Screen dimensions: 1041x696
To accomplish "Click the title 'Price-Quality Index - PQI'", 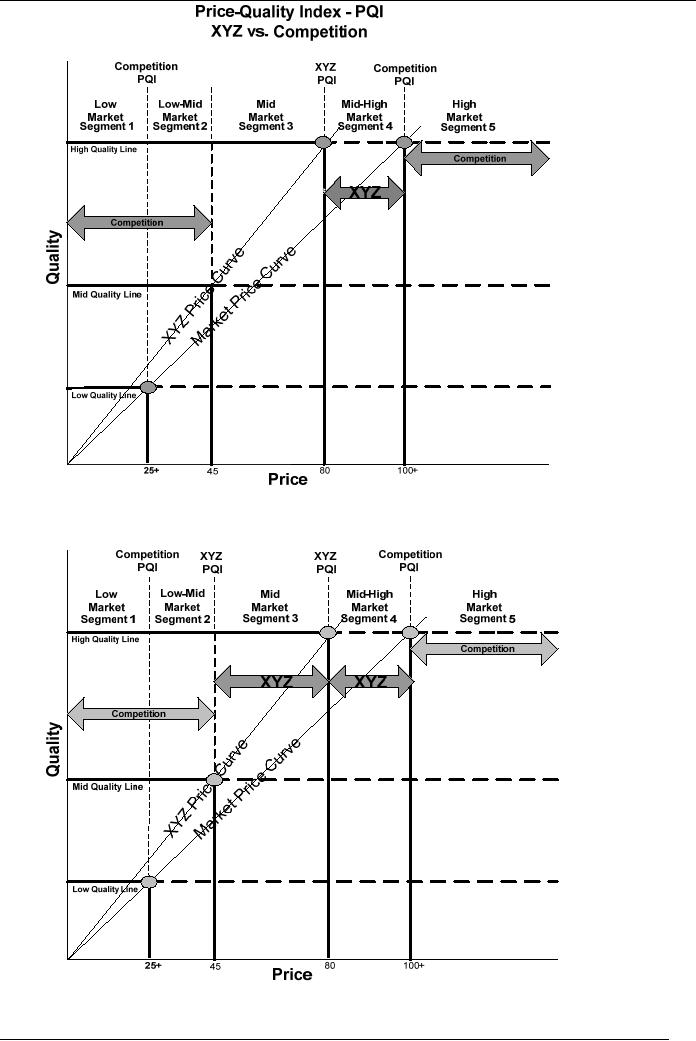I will pyautogui.click(x=289, y=13).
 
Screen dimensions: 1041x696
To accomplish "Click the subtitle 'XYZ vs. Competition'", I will pyautogui.click(x=289, y=32).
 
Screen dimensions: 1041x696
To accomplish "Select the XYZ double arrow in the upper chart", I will pyautogui.click(x=364, y=193).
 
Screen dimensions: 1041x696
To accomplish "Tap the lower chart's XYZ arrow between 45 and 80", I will pyautogui.click(x=272, y=682).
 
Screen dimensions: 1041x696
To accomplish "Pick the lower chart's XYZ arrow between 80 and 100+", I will pyautogui.click(x=370, y=682).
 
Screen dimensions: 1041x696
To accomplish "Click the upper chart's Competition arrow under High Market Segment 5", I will pyautogui.click(x=478, y=159).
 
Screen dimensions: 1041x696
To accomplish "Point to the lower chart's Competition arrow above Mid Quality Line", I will pyautogui.click(x=140, y=714).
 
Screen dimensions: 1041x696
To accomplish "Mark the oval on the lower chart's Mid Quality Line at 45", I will pyautogui.click(x=214, y=780).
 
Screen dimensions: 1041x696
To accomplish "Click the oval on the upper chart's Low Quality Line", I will pyautogui.click(x=148, y=387).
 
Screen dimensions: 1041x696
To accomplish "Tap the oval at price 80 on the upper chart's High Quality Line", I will pyautogui.click(x=324, y=143).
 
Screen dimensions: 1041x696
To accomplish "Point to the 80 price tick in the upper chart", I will pyautogui.click(x=325, y=470).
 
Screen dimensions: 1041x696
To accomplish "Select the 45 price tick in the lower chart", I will pyautogui.click(x=216, y=967).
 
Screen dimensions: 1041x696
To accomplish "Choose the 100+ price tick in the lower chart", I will pyautogui.click(x=414, y=966).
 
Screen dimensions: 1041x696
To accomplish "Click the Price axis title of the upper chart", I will pyautogui.click(x=288, y=480).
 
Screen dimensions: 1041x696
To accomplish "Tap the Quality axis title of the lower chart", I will pyautogui.click(x=54, y=750).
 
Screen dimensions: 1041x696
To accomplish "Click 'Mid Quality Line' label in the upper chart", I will pyautogui.click(x=106, y=295).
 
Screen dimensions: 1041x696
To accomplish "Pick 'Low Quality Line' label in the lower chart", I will pyautogui.click(x=104, y=889).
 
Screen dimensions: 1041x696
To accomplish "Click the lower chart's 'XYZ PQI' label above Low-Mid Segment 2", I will pyautogui.click(x=212, y=563).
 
